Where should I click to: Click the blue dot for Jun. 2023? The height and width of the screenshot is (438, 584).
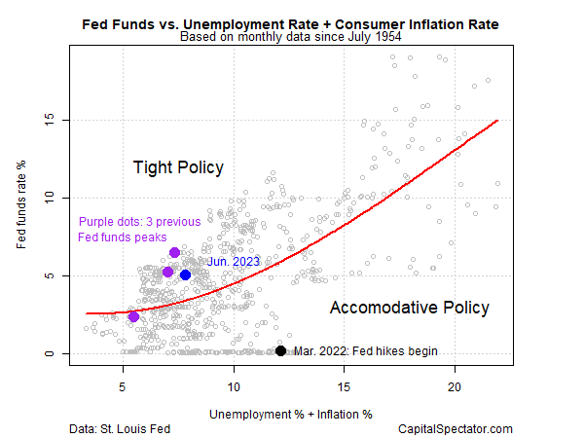[x=185, y=274]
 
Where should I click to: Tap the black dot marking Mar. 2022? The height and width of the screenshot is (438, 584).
[x=280, y=351]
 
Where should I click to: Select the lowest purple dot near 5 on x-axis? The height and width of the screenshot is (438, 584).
[x=133, y=316]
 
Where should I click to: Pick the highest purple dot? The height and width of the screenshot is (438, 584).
[x=174, y=253]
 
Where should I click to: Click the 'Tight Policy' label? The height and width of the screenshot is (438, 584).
[x=178, y=167]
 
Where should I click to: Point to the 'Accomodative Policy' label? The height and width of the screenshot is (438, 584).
[x=409, y=308]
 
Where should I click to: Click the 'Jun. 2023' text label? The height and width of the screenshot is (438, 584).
[x=233, y=261]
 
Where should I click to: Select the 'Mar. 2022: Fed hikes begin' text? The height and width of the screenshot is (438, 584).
[x=365, y=351]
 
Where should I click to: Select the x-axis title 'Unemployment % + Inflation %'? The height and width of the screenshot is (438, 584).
[x=290, y=414]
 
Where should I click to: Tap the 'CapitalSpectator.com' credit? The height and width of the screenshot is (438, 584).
[x=455, y=428]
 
